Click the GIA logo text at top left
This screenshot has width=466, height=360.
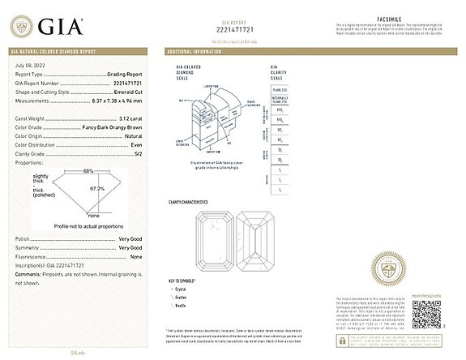pyautogui.click(x=58, y=26)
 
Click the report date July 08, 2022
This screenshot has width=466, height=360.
pyautogui.click(x=30, y=64)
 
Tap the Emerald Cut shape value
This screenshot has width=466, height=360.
pyautogui.click(x=134, y=92)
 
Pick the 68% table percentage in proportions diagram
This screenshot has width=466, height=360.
pyautogui.click(x=88, y=171)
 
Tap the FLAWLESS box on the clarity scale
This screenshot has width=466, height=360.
pyautogui.click(x=279, y=91)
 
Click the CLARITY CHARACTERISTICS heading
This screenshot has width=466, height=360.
pyautogui.click(x=188, y=201)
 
